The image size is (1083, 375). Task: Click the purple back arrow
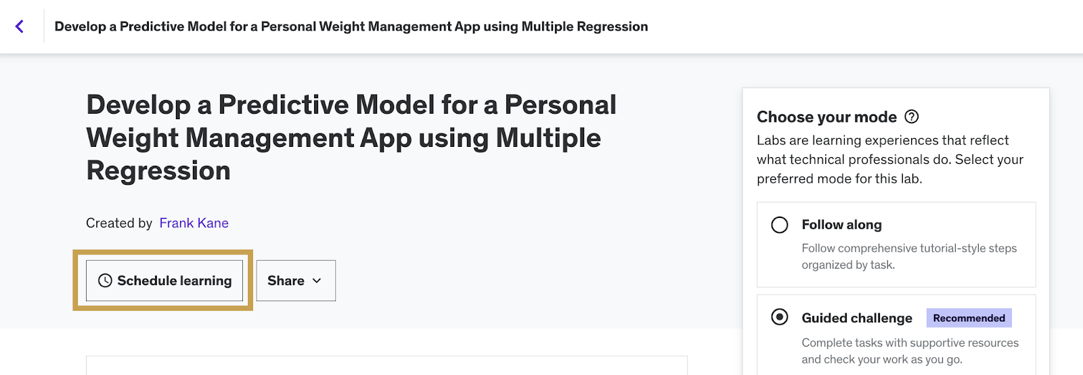coord(20,26)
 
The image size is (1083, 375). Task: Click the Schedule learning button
coord(164,280)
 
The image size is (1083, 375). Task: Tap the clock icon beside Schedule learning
coord(105,280)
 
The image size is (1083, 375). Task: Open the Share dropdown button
coord(296,280)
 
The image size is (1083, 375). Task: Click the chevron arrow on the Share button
coord(317,280)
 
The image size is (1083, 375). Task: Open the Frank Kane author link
coord(194,223)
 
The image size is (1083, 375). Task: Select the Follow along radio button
coord(779,225)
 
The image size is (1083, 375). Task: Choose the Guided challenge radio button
coord(779,317)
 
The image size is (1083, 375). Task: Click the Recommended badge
coord(969,318)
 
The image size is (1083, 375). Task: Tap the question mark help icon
coord(911,116)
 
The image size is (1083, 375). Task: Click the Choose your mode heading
coord(826,117)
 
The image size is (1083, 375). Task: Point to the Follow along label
coord(842,225)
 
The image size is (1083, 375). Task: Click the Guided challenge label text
coord(857,318)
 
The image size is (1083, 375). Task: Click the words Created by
coord(119,223)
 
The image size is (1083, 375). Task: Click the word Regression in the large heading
coord(158,171)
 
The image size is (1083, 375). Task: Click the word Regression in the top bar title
coord(612,26)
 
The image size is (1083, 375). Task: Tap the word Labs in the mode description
coord(771,140)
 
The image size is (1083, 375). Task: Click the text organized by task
coord(849,265)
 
